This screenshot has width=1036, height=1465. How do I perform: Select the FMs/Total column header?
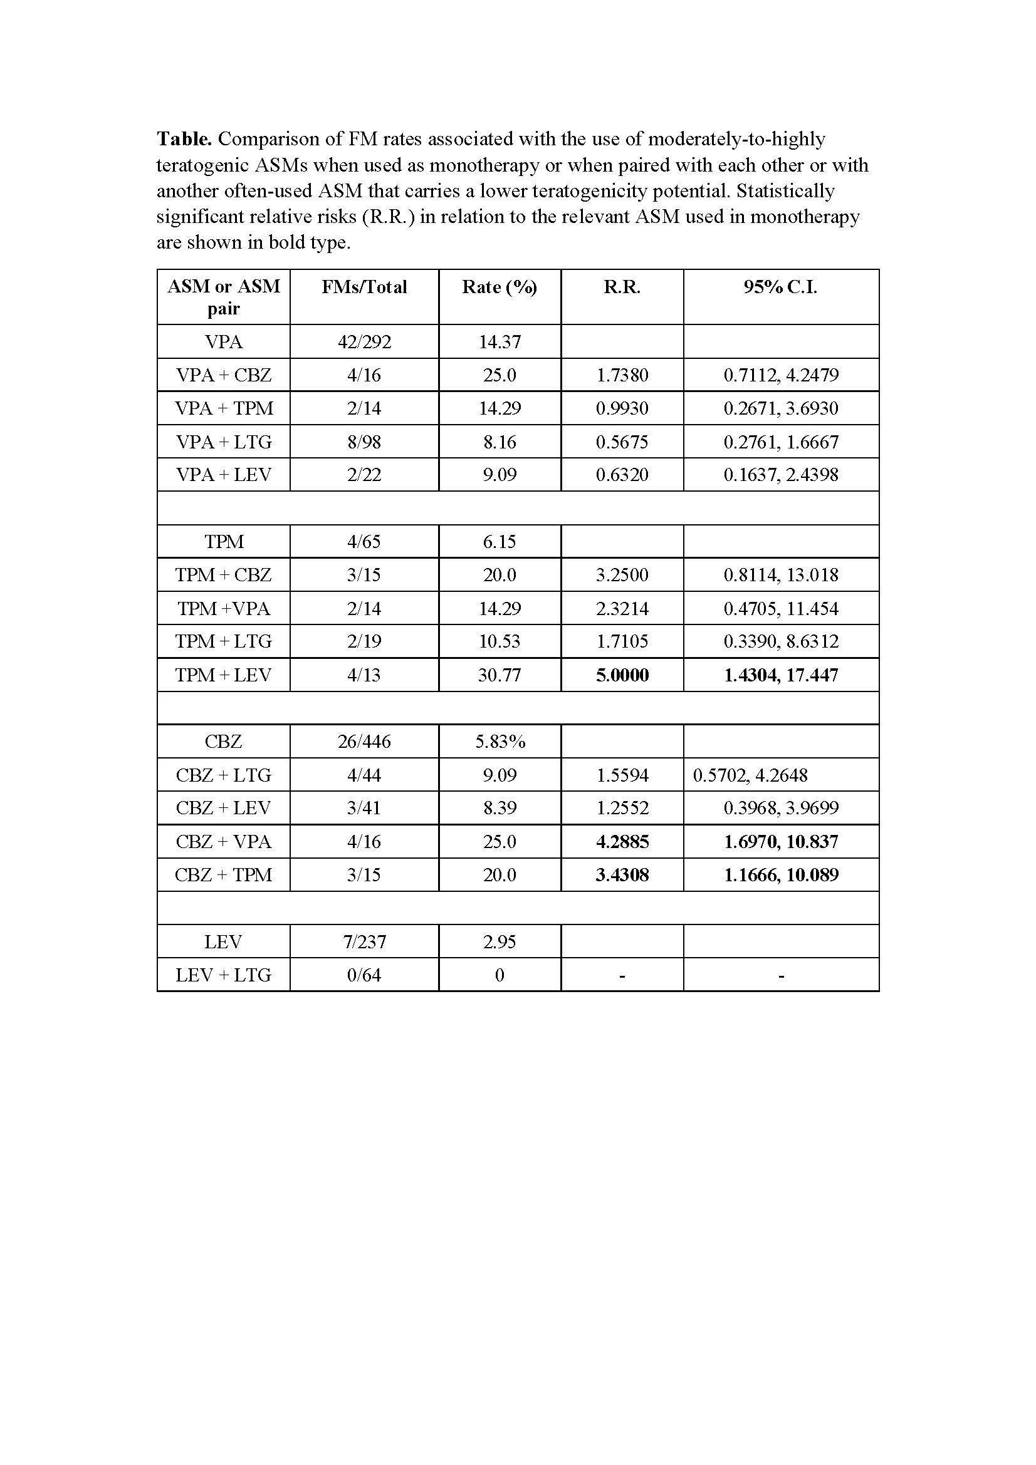point(364,287)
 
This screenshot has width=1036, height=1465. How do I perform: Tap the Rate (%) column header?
point(499,287)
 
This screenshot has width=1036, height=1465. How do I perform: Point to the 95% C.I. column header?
point(780,287)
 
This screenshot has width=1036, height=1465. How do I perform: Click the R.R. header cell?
point(622,287)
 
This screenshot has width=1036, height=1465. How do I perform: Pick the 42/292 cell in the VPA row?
point(364,342)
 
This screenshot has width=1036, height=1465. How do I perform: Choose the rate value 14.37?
point(499,342)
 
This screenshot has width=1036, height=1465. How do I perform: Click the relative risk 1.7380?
point(622,375)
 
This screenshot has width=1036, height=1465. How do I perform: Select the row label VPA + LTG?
point(223,442)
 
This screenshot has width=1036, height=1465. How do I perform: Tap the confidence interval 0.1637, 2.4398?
point(780,475)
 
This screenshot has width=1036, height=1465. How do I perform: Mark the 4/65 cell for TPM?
point(364,542)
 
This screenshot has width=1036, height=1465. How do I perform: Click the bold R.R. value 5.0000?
point(622,675)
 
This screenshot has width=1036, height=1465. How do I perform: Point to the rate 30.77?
point(499,675)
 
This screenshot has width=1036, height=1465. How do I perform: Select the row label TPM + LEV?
point(223,675)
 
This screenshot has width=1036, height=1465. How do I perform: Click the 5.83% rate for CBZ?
point(499,742)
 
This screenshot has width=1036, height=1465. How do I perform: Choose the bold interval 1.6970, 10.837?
point(780,842)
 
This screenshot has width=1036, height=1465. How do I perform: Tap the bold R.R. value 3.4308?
point(622,875)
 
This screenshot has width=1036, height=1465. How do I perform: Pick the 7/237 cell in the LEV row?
point(364,942)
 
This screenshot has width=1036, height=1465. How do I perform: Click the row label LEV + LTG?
point(223,975)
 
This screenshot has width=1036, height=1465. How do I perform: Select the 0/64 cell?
point(364,975)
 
